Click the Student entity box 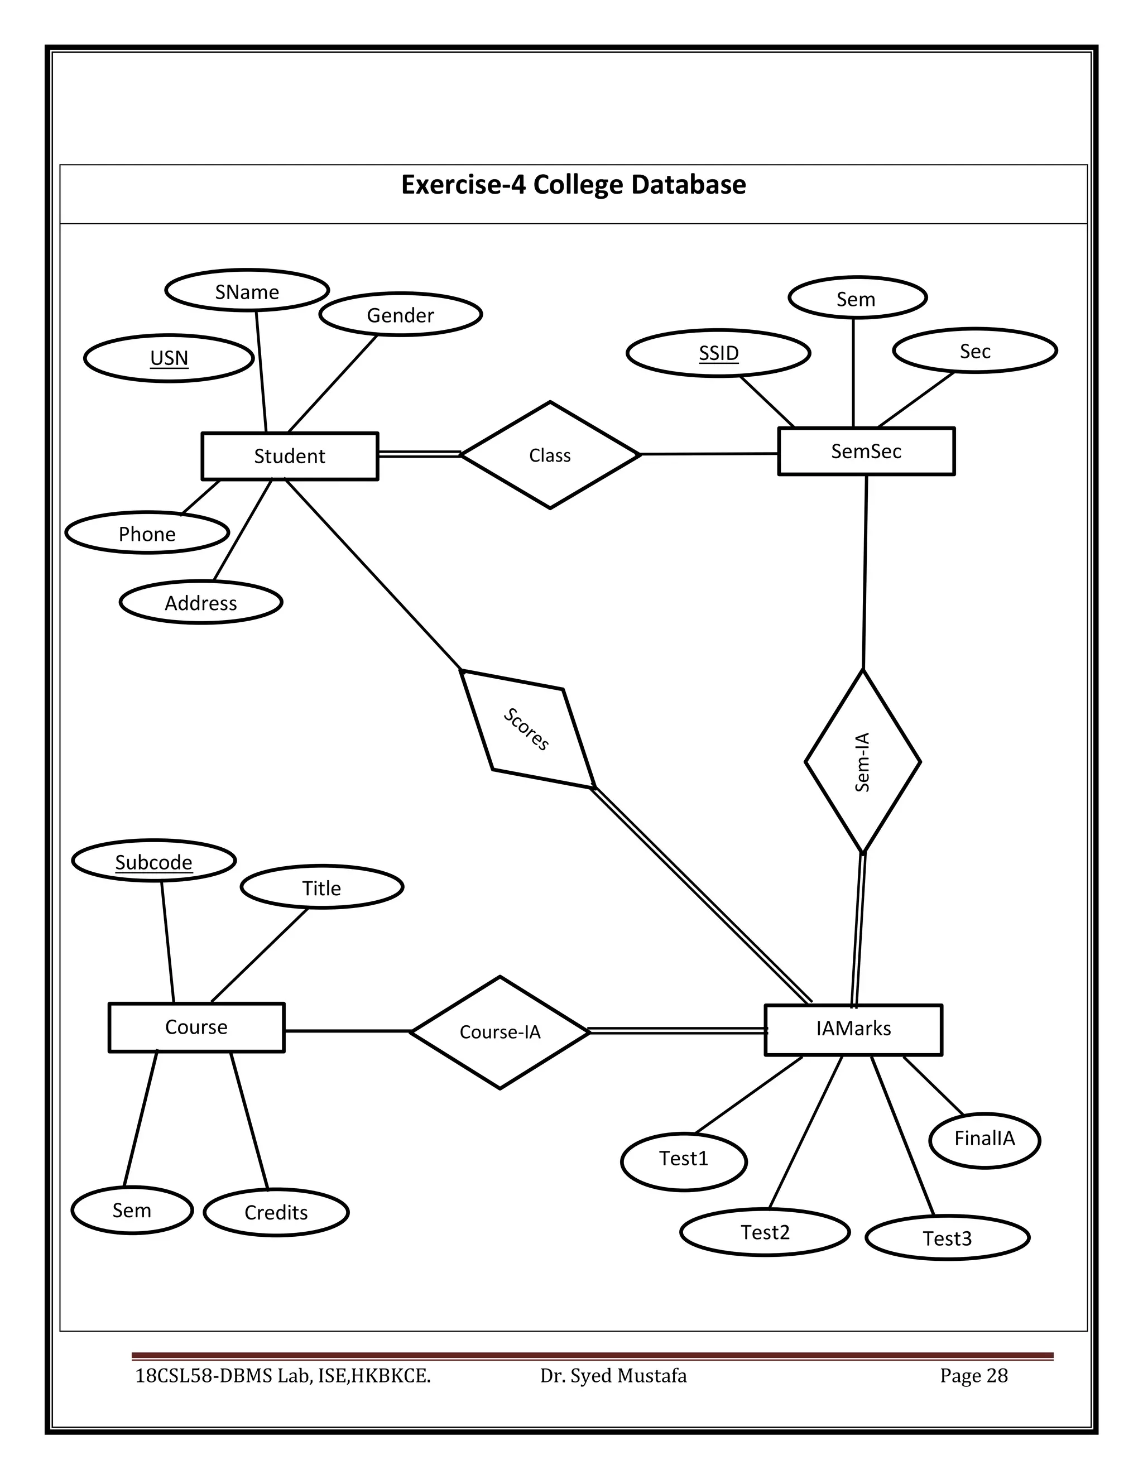290,456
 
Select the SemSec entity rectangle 866,451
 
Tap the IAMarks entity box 853,1029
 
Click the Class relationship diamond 550,455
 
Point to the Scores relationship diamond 527,729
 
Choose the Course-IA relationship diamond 500,1032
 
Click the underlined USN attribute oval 169,358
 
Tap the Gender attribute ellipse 400,315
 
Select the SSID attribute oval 718,353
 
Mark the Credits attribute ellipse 276,1212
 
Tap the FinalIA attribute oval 984,1139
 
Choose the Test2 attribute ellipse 765,1232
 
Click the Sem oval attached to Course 132,1210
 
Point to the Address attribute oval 201,603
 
